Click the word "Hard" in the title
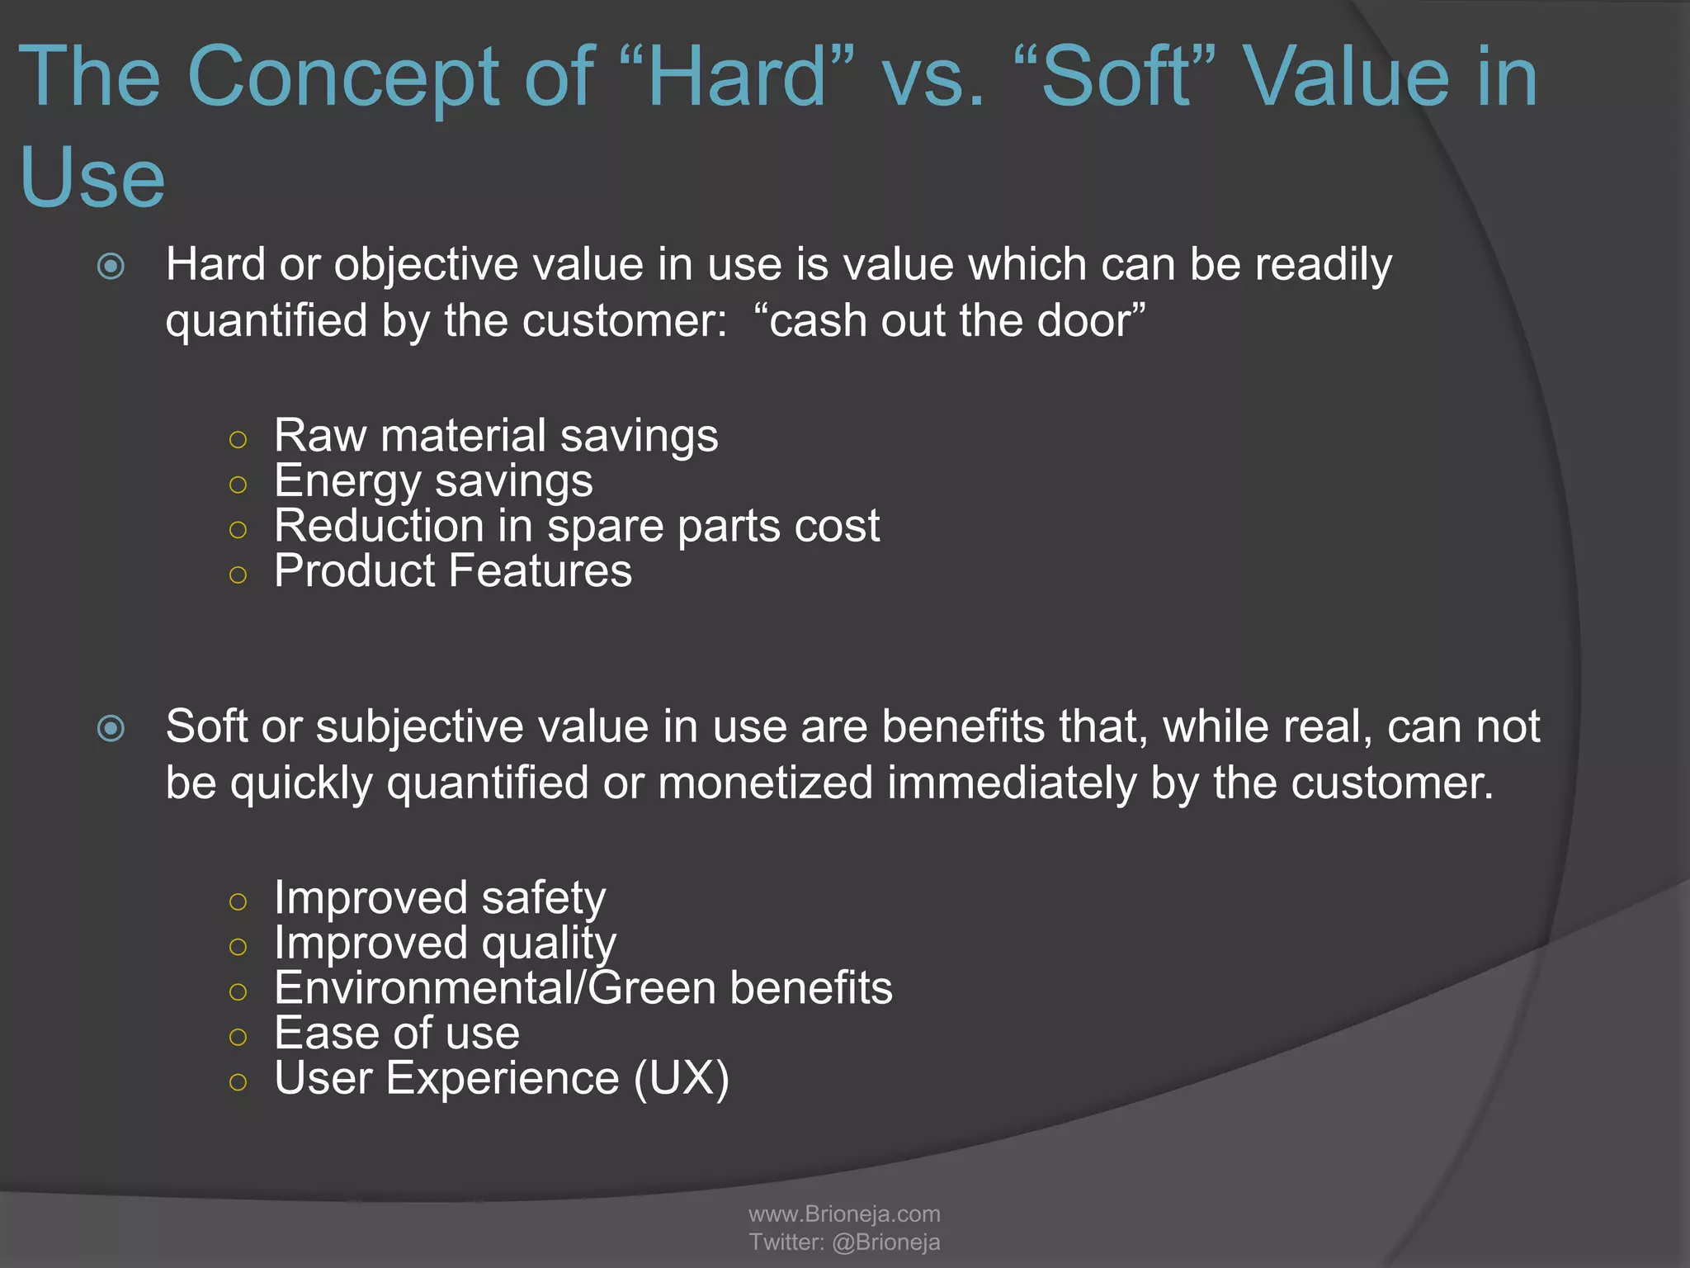pos(737,77)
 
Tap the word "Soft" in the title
pos(1116,77)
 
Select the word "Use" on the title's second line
pos(92,177)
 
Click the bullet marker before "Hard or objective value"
pos(111,267)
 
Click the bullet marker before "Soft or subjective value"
pos(111,728)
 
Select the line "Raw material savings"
pos(496,435)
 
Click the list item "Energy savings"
pos(433,480)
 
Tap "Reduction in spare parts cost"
pos(577,526)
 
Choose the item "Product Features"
pos(453,570)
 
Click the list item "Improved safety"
pos(440,897)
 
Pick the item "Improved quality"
pos(445,943)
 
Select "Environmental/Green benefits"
pos(583,988)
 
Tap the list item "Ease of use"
pos(397,1033)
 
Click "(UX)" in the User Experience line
pos(682,1078)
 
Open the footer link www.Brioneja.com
pos(844,1214)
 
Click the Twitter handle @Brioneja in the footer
pos(886,1242)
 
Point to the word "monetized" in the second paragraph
pos(765,783)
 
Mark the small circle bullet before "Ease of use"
pos(238,1037)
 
